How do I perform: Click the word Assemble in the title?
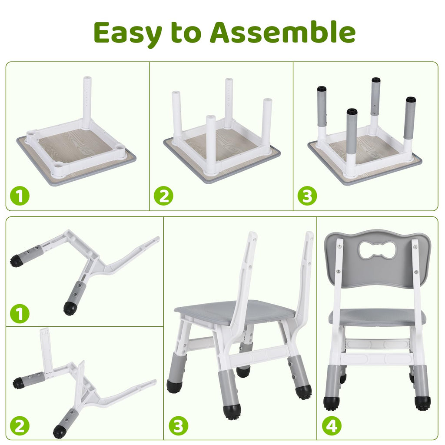click(x=282, y=33)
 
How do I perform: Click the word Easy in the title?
click(x=128, y=33)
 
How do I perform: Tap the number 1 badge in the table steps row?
click(x=20, y=196)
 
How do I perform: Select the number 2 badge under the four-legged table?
click(x=163, y=196)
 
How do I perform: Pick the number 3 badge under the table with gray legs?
click(x=307, y=196)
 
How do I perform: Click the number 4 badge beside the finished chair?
click(x=332, y=426)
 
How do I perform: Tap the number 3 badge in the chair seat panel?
click(x=178, y=426)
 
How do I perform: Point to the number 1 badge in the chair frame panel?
click(x=20, y=314)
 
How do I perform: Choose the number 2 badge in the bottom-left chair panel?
click(x=20, y=426)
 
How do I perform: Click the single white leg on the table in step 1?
click(x=87, y=100)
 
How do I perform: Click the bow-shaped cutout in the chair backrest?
click(x=377, y=250)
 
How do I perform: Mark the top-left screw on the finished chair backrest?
click(x=339, y=247)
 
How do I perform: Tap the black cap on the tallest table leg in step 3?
click(x=376, y=80)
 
